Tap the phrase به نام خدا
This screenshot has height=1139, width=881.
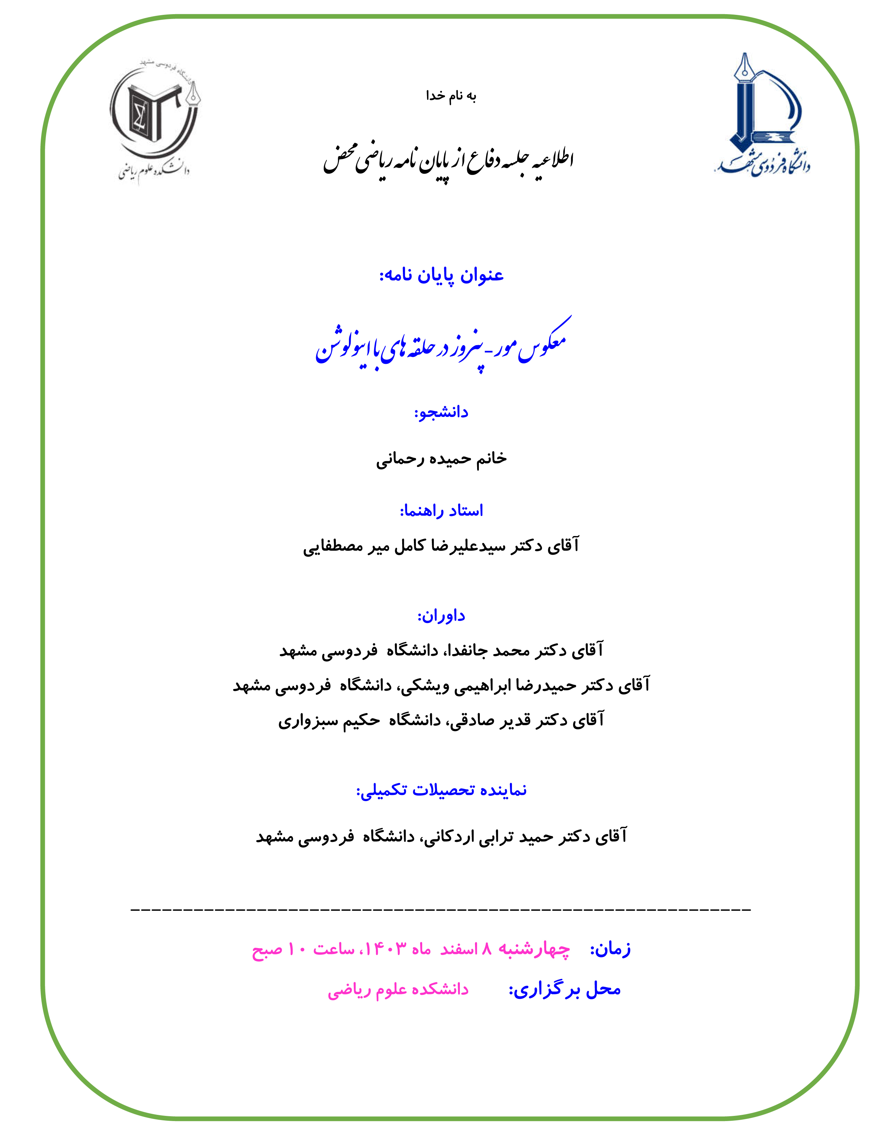(451, 96)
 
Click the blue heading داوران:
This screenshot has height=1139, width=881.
(441, 615)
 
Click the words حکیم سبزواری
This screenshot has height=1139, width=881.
(329, 720)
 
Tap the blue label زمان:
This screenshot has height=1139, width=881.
(610, 948)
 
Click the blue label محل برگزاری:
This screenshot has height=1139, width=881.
(565, 989)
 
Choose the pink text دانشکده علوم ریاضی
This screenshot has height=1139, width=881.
(398, 989)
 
